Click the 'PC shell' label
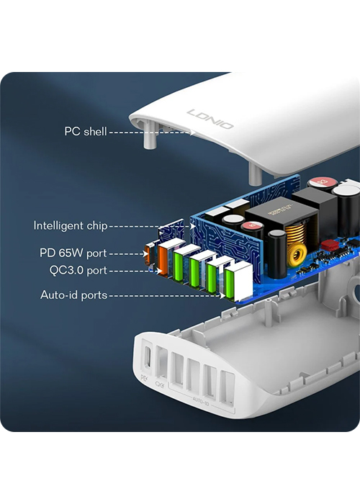coord(86,132)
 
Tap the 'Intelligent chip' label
coord(71,225)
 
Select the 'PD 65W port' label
coord(73,253)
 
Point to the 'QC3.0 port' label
coord(78,270)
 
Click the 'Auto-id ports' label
coord(73,294)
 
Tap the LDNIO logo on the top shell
coord(210,119)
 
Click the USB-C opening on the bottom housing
coord(148,356)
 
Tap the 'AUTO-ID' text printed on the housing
coord(201,400)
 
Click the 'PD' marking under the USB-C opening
coord(144,378)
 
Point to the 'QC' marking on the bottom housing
coord(159,384)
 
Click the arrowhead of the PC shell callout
coord(193,132)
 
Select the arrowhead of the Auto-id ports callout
coord(222,295)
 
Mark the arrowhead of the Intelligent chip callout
coord(192,226)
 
